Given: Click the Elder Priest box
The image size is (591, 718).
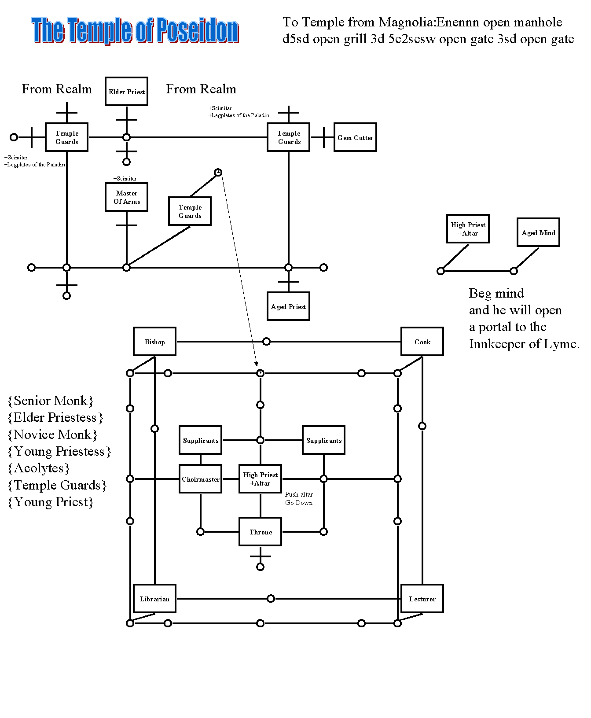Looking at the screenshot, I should tap(126, 92).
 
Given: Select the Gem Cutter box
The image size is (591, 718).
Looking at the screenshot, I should tap(355, 137).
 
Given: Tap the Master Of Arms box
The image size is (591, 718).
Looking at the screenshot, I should tap(127, 197).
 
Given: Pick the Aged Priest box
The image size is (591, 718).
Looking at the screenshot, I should tap(288, 306).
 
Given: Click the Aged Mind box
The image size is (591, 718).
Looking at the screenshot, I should tap(538, 232).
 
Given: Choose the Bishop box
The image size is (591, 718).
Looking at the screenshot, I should tap(154, 342).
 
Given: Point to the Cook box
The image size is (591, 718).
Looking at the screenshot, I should tap(422, 342).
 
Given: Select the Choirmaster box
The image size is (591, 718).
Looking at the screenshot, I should tap(201, 479).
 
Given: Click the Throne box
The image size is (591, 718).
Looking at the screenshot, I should tap(261, 532).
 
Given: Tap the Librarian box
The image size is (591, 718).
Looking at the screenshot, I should tap(154, 599).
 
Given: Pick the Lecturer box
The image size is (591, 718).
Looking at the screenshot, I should tap(422, 599).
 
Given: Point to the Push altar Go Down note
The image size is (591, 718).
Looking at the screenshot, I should tap(299, 498).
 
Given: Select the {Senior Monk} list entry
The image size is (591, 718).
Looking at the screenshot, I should tap(51, 401).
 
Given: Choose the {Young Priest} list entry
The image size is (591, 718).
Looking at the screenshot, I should tap(51, 502).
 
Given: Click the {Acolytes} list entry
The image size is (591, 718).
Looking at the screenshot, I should tap(39, 468).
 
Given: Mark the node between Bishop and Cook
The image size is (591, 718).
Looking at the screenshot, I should tap(266, 342).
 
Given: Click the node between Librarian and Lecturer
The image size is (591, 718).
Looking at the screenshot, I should tap(271, 599).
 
